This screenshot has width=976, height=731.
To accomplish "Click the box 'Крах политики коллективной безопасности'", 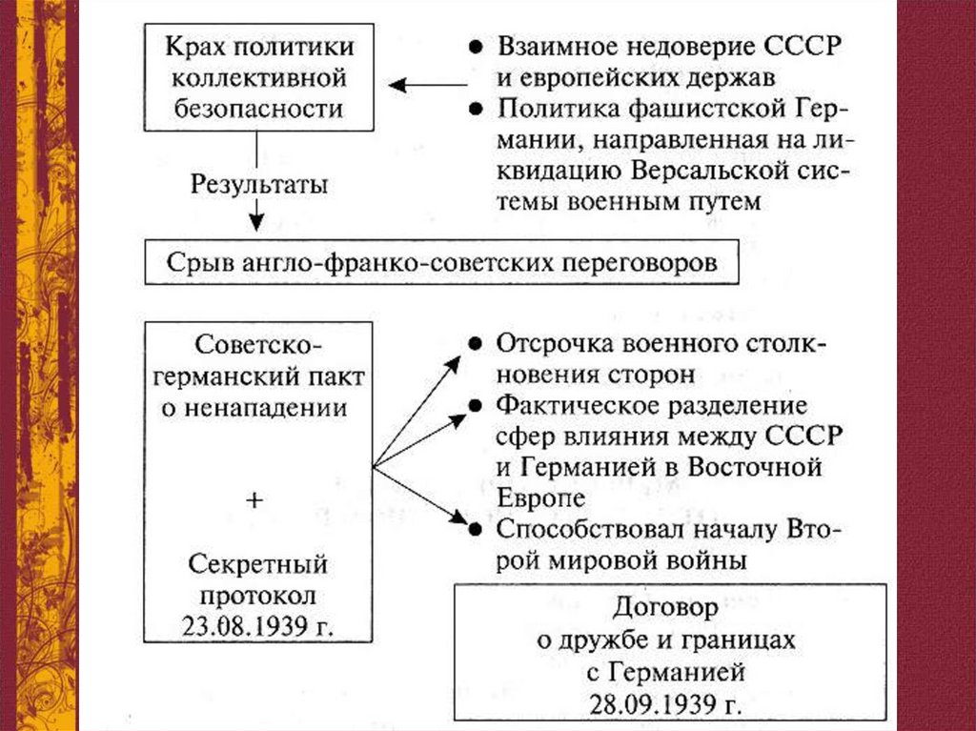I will coord(258,78).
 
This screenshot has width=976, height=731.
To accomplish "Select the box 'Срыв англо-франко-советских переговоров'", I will coord(442,262).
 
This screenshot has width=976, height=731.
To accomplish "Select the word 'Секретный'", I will coord(257,564).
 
